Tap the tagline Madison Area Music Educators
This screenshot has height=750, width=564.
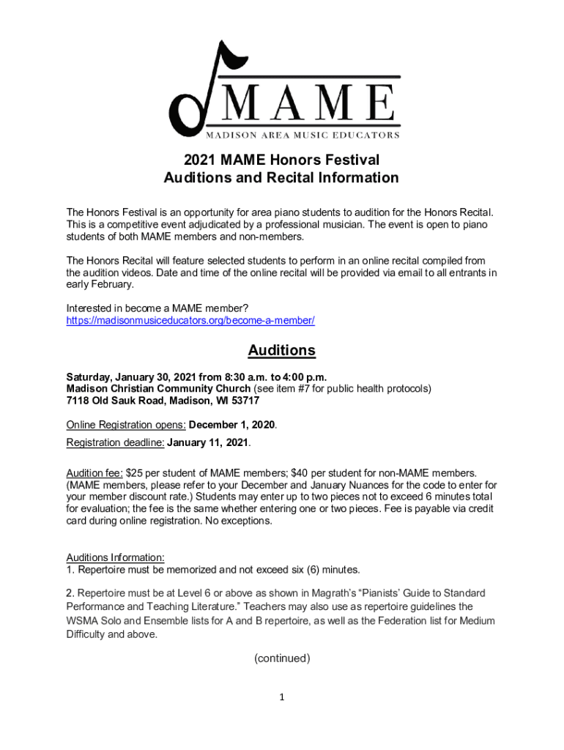tap(302, 135)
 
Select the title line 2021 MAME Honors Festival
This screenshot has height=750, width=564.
tap(281, 160)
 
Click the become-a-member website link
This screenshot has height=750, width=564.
tap(190, 321)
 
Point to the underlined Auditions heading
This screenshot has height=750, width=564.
tap(281, 350)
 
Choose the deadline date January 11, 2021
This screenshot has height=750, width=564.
tap(208, 442)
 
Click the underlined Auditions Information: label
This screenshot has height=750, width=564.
tap(115, 557)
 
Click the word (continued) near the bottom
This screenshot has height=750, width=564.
tap(282, 658)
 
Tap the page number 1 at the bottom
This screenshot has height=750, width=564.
tap(281, 697)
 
